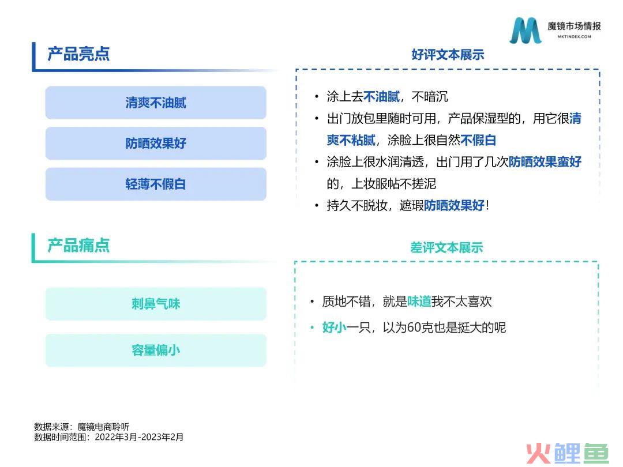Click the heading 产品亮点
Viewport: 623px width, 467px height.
click(78, 54)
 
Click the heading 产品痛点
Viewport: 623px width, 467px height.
click(78, 246)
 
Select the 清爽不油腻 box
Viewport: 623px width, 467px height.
click(156, 103)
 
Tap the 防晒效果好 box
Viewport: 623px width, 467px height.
click(156, 143)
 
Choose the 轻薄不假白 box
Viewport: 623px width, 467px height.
click(156, 184)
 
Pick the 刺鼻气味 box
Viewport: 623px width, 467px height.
click(156, 304)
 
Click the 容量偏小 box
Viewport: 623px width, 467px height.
click(156, 351)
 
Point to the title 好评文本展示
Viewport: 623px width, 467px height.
click(448, 54)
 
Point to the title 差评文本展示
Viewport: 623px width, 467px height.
click(446, 247)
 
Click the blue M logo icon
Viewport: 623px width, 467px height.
click(526, 30)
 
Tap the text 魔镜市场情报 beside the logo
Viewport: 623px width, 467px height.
click(574, 26)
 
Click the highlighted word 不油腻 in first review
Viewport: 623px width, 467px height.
click(381, 96)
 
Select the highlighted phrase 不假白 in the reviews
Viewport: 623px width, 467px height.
click(478, 140)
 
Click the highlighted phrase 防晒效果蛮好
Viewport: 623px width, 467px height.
click(545, 161)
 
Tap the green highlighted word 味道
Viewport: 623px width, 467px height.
click(419, 302)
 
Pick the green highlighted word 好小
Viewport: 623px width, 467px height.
click(334, 327)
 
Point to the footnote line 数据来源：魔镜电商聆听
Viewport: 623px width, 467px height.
click(82, 427)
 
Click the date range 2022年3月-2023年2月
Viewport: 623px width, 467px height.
click(139, 437)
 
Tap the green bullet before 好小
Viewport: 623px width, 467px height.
click(312, 328)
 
